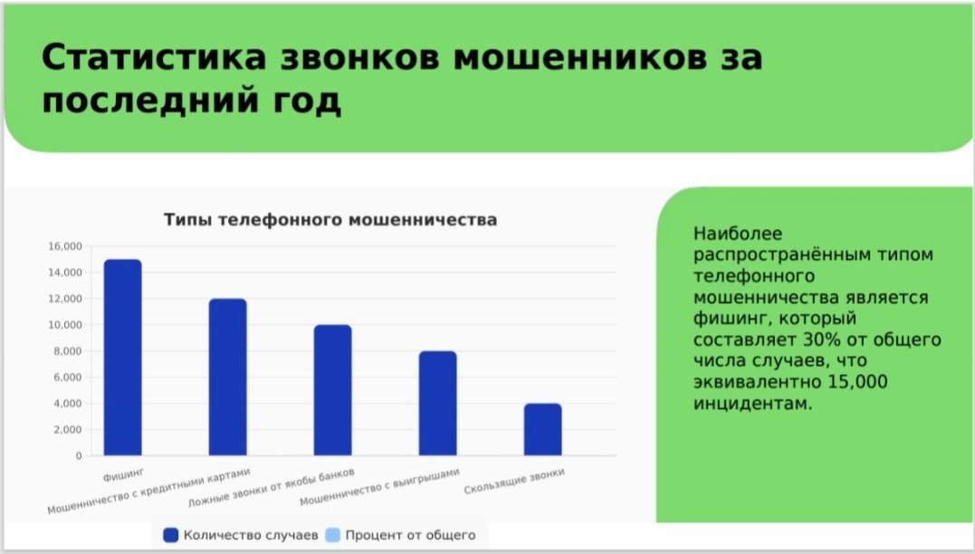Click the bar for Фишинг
(122, 358)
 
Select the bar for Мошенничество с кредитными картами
(227, 377)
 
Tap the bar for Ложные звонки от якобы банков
(332, 390)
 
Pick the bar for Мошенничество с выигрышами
(438, 403)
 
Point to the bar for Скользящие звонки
(543, 430)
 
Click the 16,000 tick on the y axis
(65, 246)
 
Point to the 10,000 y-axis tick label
(65, 325)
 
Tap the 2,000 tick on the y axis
(68, 430)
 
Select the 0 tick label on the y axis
(79, 455)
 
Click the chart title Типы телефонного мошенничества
(330, 219)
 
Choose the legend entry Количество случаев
(241, 535)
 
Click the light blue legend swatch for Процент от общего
(333, 535)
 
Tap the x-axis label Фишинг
(124, 475)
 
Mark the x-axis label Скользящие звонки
(514, 482)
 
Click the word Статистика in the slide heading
(154, 57)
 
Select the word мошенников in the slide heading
(579, 57)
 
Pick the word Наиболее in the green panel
(738, 234)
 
